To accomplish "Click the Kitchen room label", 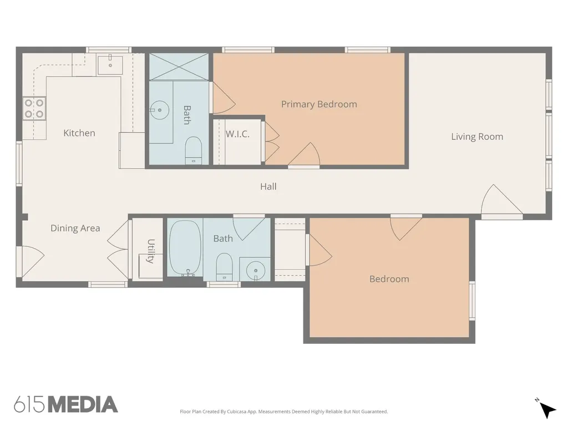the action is click(79, 133).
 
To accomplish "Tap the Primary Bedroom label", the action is click(319, 104).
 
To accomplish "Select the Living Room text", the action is click(477, 136).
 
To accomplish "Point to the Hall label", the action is click(268, 186).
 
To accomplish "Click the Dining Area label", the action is click(75, 228).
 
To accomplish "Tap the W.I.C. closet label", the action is click(237, 134).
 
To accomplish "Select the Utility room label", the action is click(151, 251).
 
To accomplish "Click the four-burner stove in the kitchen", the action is click(34, 108).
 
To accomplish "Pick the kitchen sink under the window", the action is click(110, 65).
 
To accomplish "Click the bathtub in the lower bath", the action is click(185, 248).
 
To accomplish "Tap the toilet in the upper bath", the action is click(194, 150).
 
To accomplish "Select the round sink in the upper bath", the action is click(159, 110).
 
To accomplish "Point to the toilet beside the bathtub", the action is click(224, 267).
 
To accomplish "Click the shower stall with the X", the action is click(179, 67).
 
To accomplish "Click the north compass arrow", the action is click(547, 410).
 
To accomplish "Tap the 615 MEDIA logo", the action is click(66, 404).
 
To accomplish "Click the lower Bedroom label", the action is click(389, 279).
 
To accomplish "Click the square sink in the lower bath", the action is click(255, 269).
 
